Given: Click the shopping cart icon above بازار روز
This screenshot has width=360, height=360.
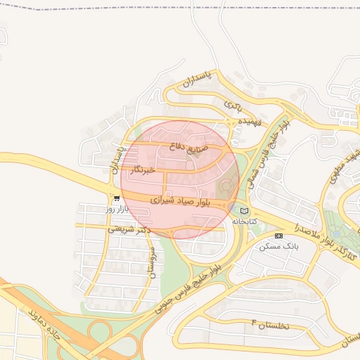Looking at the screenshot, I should [x=116, y=199].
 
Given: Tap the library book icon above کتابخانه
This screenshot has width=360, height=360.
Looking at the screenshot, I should [x=244, y=210].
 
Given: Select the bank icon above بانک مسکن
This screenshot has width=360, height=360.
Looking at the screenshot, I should [x=278, y=236].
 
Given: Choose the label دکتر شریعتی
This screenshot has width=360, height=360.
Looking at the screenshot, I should [x=129, y=229].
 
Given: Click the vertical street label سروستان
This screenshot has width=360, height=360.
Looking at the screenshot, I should [x=149, y=262].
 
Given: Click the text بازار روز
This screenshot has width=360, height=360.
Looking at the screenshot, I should [x=115, y=209].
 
